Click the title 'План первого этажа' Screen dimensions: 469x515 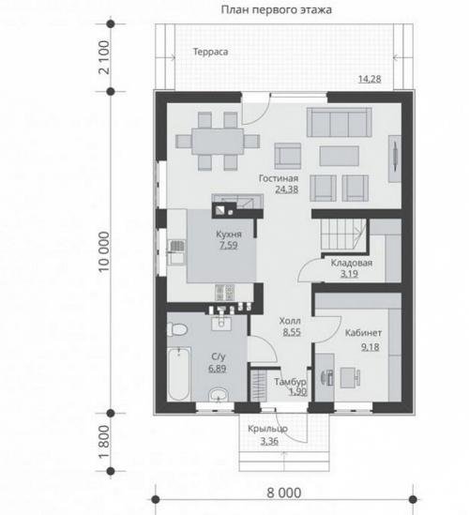tap(276, 10)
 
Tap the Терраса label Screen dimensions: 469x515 tap(210, 52)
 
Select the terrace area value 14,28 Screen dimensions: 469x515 tap(370, 79)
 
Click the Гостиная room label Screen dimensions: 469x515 tap(279, 178)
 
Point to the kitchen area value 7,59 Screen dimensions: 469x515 tap(228, 246)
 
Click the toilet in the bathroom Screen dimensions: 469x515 tap(177, 328)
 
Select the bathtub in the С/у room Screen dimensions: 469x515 tap(178, 373)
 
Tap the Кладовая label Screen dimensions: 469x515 tap(352, 263)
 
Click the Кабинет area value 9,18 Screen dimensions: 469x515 tap(371, 347)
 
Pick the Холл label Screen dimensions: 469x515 tap(290, 321)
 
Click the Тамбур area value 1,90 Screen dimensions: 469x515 tap(298, 391)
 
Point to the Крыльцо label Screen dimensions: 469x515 tap(267, 429)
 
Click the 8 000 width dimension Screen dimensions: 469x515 tap(284, 493)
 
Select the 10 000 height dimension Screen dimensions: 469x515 tap(104, 251)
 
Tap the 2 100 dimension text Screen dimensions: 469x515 tap(104, 57)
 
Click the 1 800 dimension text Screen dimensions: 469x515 tap(104, 442)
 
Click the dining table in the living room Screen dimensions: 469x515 tap(218, 142)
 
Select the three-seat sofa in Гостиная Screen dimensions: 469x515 tap(340, 122)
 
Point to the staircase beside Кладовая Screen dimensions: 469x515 tap(343, 235)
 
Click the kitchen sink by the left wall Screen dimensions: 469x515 tap(176, 252)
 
